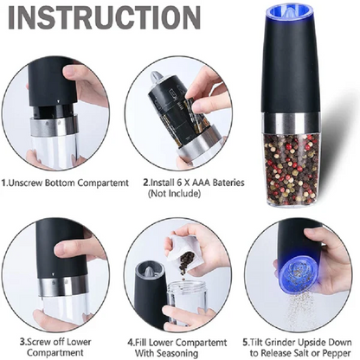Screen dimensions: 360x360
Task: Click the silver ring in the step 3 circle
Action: click(x=59, y=286)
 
